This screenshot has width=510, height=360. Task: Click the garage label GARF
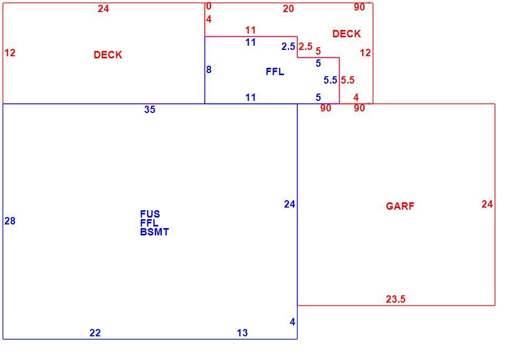tap(400, 206)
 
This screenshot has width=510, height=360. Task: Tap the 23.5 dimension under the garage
tap(395, 299)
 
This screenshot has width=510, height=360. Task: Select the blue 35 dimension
tap(150, 110)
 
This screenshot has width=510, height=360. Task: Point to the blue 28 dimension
tap(10, 221)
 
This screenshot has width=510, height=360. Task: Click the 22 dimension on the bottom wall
tap(95, 333)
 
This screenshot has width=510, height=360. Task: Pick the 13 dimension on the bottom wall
tap(242, 333)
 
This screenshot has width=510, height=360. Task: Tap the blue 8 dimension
tap(209, 69)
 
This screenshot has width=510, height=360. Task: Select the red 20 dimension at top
tap(288, 9)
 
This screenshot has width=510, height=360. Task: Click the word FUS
tap(150, 214)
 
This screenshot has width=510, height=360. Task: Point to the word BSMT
tap(155, 232)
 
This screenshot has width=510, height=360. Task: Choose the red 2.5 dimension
tap(305, 46)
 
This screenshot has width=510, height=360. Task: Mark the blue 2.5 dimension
tap(288, 46)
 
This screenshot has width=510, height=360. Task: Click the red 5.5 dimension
tap(348, 80)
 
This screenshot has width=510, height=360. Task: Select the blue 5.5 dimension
tap(330, 80)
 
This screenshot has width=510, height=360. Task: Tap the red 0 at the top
tap(209, 6)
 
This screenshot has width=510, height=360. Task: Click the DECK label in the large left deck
tap(108, 55)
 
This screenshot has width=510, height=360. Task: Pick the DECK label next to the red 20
tap(346, 34)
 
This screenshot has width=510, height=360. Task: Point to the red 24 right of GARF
tap(487, 204)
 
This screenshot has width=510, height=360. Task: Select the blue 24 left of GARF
tap(290, 204)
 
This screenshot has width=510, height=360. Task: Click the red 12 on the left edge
tap(10, 53)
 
